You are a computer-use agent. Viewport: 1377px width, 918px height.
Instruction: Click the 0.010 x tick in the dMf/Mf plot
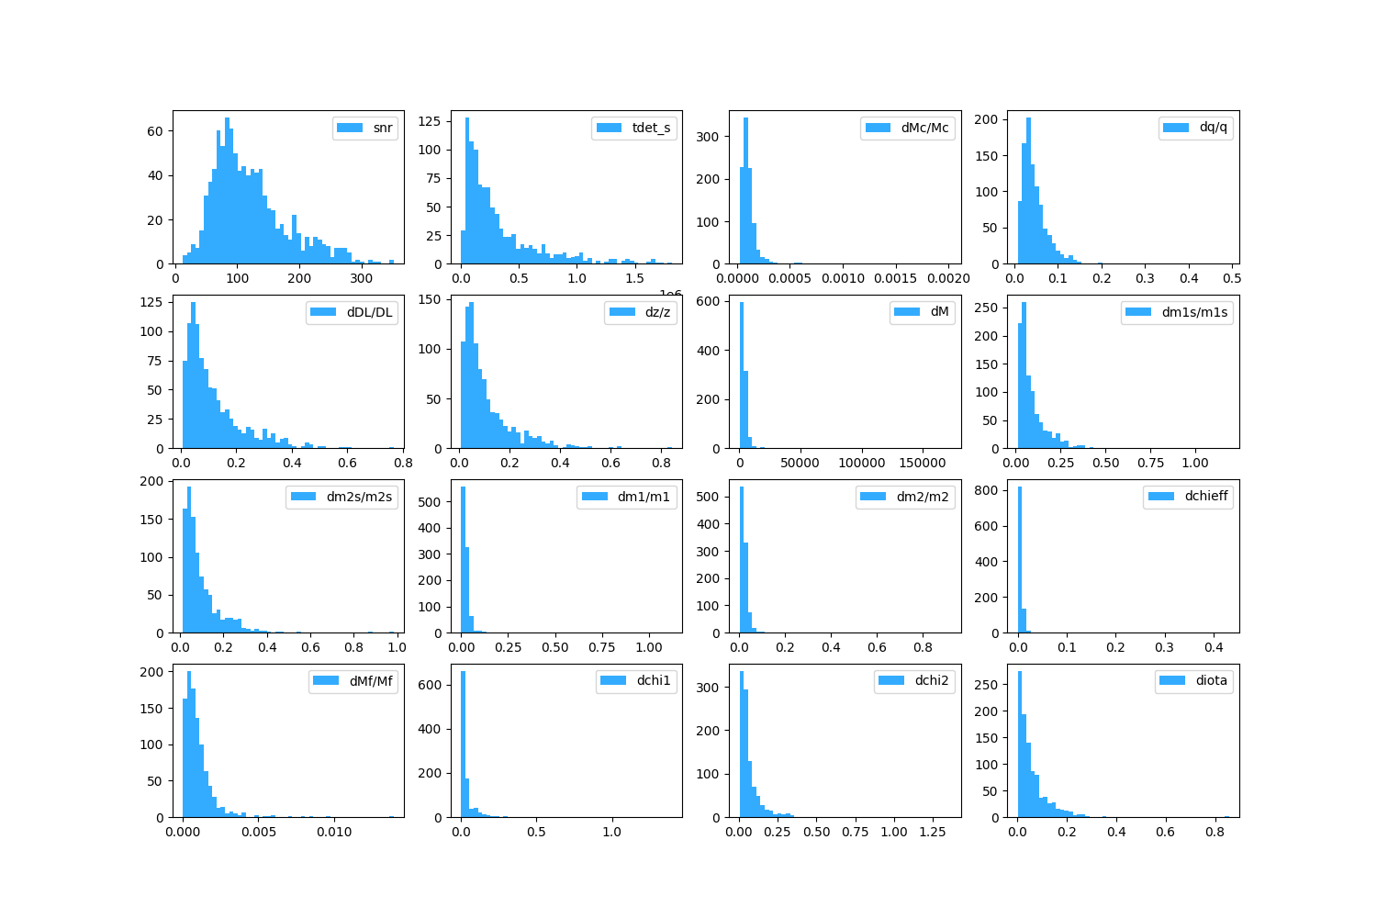coord(334,833)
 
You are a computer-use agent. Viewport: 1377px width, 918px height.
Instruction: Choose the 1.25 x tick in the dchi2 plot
coord(933,833)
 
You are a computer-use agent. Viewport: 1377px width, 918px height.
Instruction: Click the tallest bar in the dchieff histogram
coord(1020,560)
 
